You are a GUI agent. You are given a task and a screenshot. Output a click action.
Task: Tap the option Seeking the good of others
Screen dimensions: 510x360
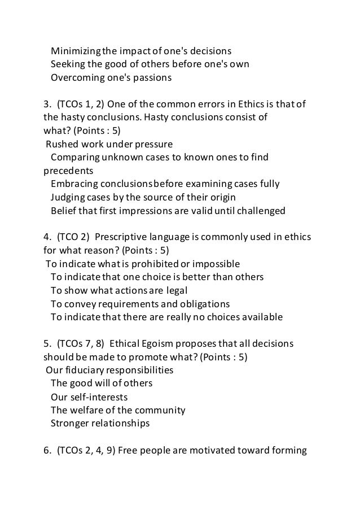click(150, 63)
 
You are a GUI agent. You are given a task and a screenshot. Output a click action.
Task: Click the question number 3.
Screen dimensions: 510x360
click(47, 104)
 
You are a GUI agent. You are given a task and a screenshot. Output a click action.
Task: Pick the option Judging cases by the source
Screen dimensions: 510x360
click(143, 197)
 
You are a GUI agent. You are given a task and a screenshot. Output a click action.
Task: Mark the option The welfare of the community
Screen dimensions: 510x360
click(118, 409)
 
